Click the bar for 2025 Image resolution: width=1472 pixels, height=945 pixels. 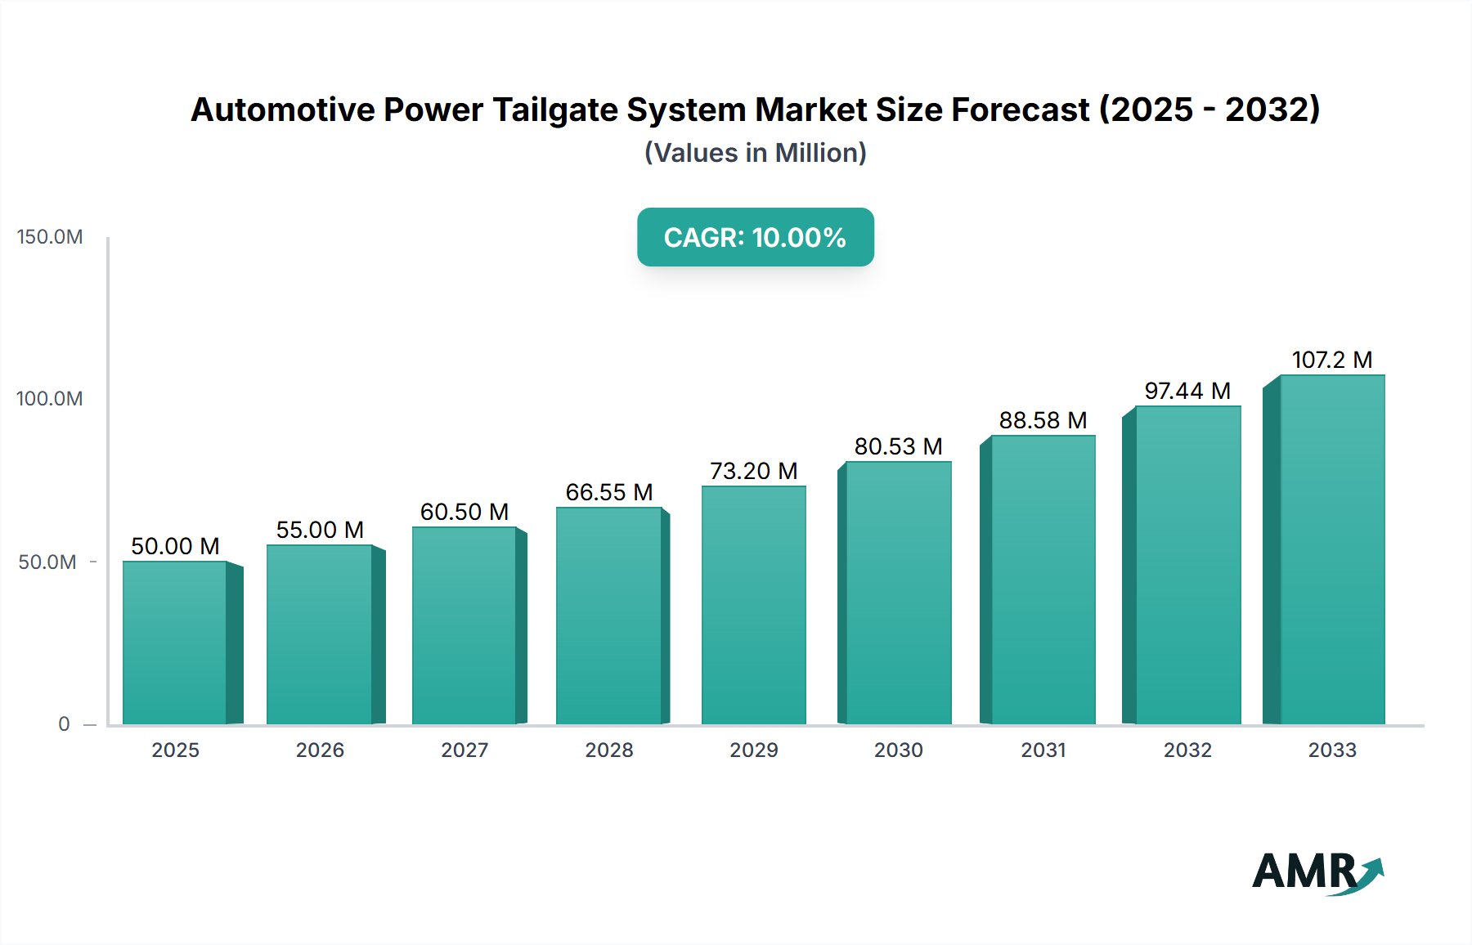tap(175, 643)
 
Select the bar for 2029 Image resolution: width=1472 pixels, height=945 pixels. tap(754, 605)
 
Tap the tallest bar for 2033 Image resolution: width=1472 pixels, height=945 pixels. tap(1332, 549)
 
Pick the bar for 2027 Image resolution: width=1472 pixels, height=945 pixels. tap(464, 625)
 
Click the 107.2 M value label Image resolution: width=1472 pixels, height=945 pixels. tap(1331, 360)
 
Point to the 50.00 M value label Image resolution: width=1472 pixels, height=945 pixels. tap(175, 546)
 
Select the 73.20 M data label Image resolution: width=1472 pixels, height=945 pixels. tap(753, 471)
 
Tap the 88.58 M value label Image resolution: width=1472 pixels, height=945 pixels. tap(1043, 420)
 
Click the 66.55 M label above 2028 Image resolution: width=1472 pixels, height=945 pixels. tap(609, 492)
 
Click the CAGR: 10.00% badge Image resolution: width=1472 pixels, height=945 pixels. tap(756, 237)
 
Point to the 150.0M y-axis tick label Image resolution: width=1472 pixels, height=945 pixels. tap(50, 237)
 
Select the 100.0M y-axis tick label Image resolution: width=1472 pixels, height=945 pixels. tap(50, 399)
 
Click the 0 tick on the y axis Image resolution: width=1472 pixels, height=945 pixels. tap(64, 724)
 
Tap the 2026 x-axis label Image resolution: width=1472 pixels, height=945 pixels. tap(320, 750)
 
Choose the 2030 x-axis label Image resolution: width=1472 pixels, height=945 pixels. tap(898, 750)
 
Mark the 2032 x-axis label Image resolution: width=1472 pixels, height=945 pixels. tap(1187, 750)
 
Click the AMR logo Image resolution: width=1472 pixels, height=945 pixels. tap(1317, 871)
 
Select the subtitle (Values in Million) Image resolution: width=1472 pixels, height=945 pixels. tap(756, 153)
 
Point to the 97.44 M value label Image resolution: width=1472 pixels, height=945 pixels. tap(1187, 391)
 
